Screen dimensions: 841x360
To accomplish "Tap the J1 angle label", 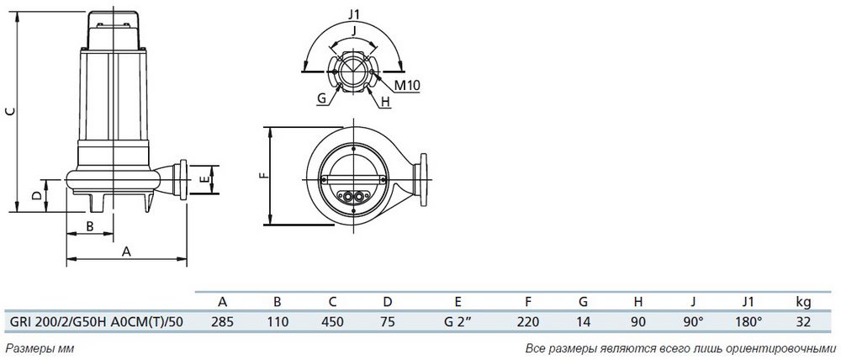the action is (353, 14).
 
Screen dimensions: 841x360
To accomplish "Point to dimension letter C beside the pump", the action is (8, 111).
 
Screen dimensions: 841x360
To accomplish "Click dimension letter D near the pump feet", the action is (36, 196).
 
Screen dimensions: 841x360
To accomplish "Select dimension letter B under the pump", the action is (90, 226).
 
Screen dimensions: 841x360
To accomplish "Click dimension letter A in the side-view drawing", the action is (127, 251).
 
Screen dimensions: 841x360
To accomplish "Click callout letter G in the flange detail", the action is (322, 98).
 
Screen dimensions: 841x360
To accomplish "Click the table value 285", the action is (222, 321).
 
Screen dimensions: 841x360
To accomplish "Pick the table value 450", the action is (332, 321).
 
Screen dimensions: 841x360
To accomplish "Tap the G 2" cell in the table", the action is (457, 321).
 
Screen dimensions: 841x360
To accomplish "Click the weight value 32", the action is (803, 321).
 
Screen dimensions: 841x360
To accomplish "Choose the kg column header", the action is (803, 302).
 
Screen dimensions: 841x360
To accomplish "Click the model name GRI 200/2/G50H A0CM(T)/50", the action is (96, 321).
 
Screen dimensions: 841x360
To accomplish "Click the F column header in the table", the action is (528, 301).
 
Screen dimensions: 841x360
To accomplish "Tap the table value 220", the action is (528, 321).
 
